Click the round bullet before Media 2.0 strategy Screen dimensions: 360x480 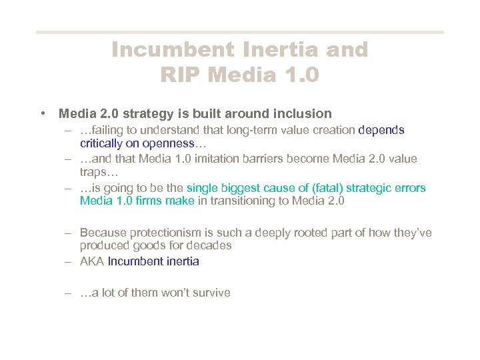(x=43, y=113)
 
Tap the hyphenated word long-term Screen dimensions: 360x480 (x=254, y=131)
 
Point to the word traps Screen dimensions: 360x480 (x=93, y=172)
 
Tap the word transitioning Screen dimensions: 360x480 (x=249, y=201)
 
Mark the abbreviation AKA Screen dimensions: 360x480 (x=92, y=261)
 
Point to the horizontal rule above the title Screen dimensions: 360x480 (x=239, y=31)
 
